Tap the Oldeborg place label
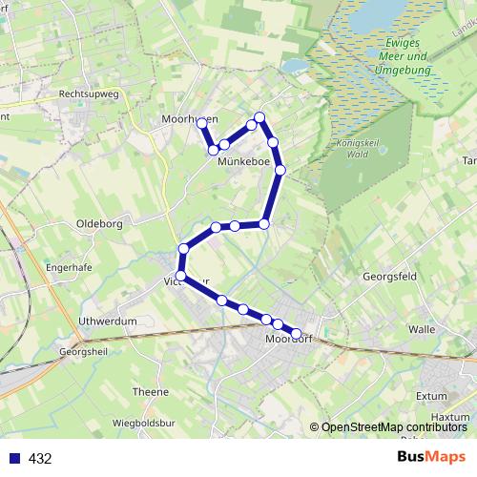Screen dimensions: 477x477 99,224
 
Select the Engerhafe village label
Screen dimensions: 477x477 69,268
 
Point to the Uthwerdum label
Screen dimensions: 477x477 109,321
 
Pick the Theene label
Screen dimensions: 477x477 151,391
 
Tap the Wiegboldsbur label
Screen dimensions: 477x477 147,422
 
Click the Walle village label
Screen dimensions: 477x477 421,328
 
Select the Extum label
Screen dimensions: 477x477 431,394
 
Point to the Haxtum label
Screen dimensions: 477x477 450,417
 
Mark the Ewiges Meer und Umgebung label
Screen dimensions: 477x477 402,57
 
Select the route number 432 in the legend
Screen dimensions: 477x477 40,459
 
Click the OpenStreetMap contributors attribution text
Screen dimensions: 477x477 393,427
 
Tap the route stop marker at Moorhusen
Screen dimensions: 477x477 201,123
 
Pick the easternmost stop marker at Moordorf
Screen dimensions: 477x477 296,334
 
